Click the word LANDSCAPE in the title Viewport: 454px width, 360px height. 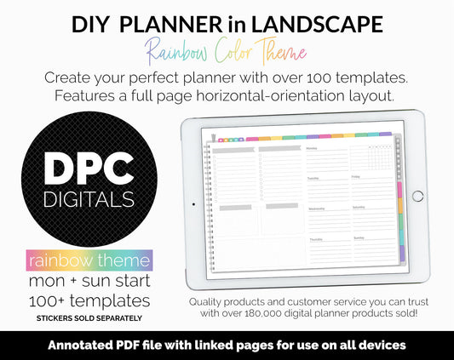pos(321,26)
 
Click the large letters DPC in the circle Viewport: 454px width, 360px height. pos(90,171)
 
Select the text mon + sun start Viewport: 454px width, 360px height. pos(89,281)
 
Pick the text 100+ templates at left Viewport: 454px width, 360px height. pos(89,300)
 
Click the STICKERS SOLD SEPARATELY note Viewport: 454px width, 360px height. pos(89,318)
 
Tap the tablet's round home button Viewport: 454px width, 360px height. pos(417,196)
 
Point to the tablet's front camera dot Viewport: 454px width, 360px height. pos(193,204)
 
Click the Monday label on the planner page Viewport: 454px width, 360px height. pos(312,148)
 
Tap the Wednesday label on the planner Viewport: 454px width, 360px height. pos(316,208)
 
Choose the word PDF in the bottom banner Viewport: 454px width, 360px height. pos(171,345)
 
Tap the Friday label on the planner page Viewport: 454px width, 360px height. pos(357,178)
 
